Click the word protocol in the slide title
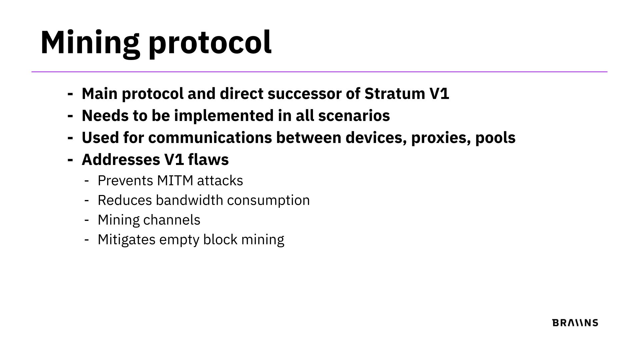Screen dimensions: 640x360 pyautogui.click(x=210, y=43)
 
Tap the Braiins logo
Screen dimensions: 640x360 pyautogui.click(x=575, y=323)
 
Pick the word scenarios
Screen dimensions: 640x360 pyautogui.click(x=354, y=116)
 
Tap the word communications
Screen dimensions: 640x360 pyautogui.click(x=210, y=138)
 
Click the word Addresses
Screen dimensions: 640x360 pyautogui.click(x=121, y=159)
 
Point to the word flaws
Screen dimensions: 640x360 pyautogui.click(x=208, y=159)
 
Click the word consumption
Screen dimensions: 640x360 pyautogui.click(x=268, y=201)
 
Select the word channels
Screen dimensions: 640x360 pyautogui.click(x=172, y=220)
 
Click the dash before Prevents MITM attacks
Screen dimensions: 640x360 pyautogui.click(x=87, y=181)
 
